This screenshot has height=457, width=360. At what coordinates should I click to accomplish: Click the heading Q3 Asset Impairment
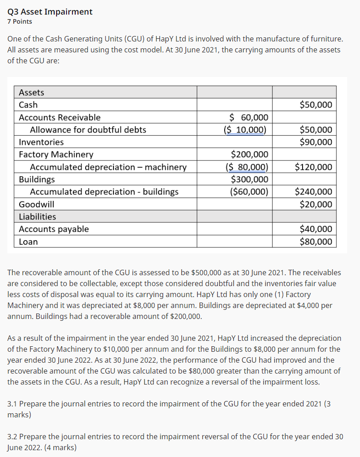click(x=50, y=11)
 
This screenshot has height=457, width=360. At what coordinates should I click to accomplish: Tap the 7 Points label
click(x=20, y=21)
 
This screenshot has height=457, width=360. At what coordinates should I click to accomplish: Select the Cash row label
click(x=28, y=105)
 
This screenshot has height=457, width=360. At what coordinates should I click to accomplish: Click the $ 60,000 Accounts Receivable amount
click(x=249, y=118)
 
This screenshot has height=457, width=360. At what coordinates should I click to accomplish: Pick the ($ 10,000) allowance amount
click(x=245, y=130)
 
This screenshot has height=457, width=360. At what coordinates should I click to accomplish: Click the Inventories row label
click(x=41, y=142)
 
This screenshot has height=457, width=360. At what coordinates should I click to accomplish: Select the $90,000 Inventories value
click(x=316, y=142)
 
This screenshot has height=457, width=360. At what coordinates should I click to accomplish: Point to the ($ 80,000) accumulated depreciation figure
click(x=247, y=167)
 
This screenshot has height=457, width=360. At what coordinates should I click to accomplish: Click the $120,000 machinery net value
click(x=314, y=167)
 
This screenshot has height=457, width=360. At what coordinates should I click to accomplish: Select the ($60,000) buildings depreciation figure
click(x=249, y=191)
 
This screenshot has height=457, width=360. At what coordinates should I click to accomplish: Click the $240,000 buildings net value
click(x=314, y=191)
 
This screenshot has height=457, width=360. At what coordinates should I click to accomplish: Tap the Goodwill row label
click(x=36, y=204)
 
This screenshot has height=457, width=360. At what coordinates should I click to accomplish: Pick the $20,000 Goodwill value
click(x=316, y=204)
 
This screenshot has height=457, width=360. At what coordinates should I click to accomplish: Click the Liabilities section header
click(x=37, y=216)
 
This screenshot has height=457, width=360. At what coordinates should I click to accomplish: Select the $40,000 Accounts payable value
click(x=316, y=229)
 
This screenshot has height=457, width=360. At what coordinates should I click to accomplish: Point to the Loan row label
click(x=28, y=241)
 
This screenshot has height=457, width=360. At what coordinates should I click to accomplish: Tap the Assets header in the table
click(x=31, y=92)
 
